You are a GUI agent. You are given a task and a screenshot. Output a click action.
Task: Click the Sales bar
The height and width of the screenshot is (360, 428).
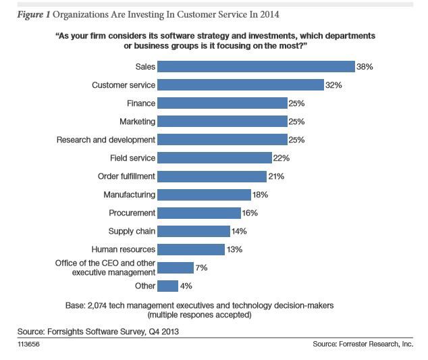(x=256, y=67)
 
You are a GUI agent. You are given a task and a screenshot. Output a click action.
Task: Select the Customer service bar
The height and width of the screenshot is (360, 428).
(x=240, y=85)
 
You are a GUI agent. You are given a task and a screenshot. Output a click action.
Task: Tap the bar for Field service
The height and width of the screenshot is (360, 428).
(x=215, y=158)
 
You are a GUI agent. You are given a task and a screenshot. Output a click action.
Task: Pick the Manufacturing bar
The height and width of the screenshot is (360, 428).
(x=204, y=195)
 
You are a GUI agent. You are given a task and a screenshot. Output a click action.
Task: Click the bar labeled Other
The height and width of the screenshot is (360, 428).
(x=167, y=286)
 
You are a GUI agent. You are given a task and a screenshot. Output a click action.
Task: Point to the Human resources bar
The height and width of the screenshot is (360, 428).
(x=191, y=250)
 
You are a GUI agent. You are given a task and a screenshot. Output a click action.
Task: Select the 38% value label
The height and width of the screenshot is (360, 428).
(x=365, y=67)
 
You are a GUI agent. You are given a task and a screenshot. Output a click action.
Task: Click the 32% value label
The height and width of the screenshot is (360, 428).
(x=333, y=85)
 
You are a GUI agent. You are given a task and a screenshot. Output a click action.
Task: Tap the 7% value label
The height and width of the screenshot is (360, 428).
(x=201, y=267)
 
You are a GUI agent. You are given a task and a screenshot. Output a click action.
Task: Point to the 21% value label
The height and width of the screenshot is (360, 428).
(x=276, y=176)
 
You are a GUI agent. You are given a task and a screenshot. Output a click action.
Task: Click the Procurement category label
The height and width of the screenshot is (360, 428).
(x=132, y=213)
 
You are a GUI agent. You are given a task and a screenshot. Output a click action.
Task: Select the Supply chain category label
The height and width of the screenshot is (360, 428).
(x=132, y=231)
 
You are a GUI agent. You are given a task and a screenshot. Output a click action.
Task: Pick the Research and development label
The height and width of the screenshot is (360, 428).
(x=106, y=140)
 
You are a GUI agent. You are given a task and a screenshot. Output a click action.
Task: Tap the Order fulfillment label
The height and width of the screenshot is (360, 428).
(x=126, y=176)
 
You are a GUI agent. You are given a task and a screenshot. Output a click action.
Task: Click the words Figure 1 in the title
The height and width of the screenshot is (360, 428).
(x=34, y=14)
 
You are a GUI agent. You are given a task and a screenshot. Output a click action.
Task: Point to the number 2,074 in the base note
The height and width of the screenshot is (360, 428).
(x=97, y=305)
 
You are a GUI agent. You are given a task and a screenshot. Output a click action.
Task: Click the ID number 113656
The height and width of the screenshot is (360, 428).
(x=28, y=344)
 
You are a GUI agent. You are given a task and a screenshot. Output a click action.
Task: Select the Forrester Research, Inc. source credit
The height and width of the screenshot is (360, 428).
(x=376, y=344)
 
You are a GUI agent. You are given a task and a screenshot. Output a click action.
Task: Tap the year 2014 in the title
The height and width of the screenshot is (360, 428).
(x=269, y=14)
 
